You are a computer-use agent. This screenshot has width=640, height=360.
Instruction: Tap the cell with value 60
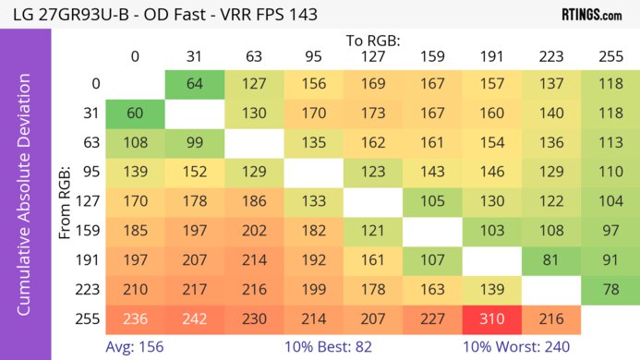click(135, 114)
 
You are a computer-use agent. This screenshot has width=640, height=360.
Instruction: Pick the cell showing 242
click(194, 319)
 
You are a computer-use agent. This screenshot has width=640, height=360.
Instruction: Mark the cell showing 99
click(194, 144)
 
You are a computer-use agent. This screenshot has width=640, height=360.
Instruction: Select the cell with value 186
click(253, 202)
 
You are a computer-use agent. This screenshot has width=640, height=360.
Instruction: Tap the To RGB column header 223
click(550, 57)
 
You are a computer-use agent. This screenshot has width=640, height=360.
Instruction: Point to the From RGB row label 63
click(91, 144)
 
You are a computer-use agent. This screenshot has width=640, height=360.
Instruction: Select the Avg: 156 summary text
click(135, 346)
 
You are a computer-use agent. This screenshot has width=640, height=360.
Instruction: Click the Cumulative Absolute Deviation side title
click(26, 201)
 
